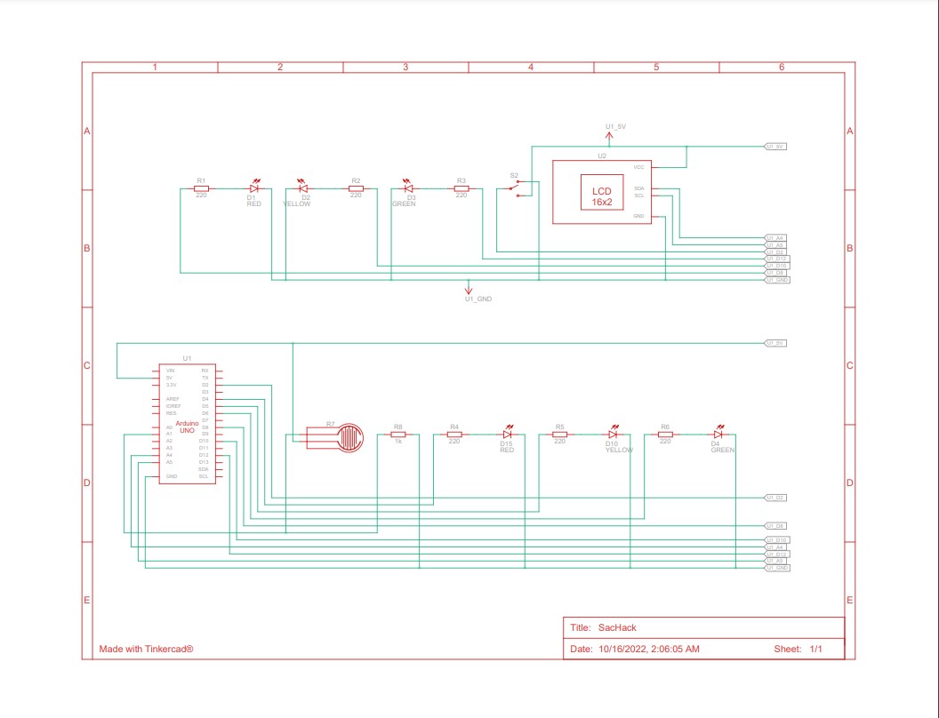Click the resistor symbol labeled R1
201,188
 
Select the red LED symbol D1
253,188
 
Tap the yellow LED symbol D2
302,188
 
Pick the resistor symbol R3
461,188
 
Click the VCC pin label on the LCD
638,167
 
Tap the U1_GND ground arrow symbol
469,288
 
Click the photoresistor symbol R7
335,436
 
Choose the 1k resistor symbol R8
398,435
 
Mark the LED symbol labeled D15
507,435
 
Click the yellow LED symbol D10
612,435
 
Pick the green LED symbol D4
717,435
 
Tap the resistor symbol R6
664,435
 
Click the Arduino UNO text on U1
187,427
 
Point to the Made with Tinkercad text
146,649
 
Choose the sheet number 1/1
815,649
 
